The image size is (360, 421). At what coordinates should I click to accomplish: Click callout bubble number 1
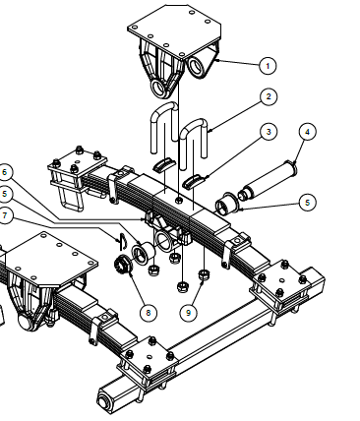click(268, 66)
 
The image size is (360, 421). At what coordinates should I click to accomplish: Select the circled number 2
click(269, 96)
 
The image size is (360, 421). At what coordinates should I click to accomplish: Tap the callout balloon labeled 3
click(269, 132)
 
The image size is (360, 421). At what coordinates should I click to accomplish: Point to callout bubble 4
click(308, 132)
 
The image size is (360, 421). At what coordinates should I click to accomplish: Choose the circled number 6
click(5, 172)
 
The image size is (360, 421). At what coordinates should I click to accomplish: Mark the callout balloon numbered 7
click(5, 216)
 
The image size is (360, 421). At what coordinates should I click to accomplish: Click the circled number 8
click(149, 313)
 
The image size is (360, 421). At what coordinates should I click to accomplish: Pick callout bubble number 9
click(188, 313)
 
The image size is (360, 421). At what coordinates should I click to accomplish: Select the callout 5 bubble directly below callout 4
click(308, 203)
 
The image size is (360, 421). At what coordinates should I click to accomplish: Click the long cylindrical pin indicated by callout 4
click(269, 182)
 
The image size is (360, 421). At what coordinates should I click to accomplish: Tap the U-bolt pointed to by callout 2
click(194, 137)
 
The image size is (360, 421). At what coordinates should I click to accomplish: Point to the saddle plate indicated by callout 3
click(194, 182)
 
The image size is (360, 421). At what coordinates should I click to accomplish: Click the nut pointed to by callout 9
click(204, 273)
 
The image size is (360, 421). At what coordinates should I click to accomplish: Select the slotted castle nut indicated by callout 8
click(123, 264)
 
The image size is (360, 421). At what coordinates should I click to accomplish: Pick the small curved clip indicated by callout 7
click(122, 241)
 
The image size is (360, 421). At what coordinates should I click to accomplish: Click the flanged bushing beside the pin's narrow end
click(225, 204)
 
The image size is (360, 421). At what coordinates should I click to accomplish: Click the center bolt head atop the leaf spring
click(179, 200)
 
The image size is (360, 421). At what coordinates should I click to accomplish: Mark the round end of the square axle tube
click(104, 402)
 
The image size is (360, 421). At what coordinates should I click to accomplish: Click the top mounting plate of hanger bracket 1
click(174, 30)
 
